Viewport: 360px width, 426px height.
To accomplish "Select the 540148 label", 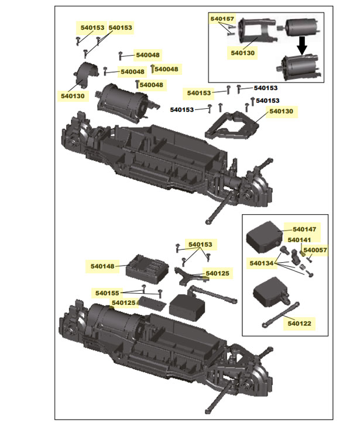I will click(103, 266).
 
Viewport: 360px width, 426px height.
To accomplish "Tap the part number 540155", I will click(108, 293).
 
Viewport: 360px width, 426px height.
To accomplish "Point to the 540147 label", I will click(304, 230).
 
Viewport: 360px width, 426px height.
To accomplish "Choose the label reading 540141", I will click(299, 240).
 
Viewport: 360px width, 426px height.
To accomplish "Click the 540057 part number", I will click(316, 250).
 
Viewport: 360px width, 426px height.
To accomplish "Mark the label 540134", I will click(262, 263).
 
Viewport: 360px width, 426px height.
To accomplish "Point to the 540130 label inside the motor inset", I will click(243, 52).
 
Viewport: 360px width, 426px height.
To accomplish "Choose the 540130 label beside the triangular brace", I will click(282, 111).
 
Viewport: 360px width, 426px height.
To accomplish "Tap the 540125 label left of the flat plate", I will click(123, 303).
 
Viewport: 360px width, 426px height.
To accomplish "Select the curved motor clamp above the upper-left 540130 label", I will click(87, 75).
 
